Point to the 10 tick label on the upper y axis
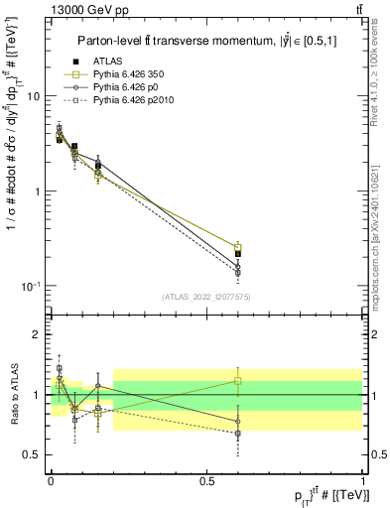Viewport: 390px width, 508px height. pyautogui.click(x=34, y=96)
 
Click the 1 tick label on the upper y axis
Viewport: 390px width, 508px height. pyautogui.click(x=38, y=190)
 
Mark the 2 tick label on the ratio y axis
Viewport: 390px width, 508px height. pyautogui.click(x=38, y=334)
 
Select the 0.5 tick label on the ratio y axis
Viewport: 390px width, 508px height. pyautogui.click(x=33, y=455)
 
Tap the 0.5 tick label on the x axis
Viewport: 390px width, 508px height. pyautogui.click(x=207, y=480)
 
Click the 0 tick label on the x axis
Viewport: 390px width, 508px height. pyautogui.click(x=51, y=480)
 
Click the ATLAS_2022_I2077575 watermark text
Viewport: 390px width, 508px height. pyautogui.click(x=206, y=297)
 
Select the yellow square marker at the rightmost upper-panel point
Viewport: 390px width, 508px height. pyautogui.click(x=238, y=247)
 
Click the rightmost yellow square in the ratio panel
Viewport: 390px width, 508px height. pyautogui.click(x=238, y=380)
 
